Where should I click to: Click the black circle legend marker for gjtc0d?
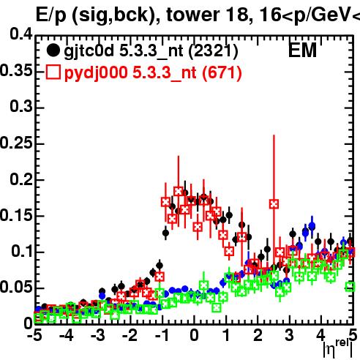pos(53,50)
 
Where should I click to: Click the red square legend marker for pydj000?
pos(53,72)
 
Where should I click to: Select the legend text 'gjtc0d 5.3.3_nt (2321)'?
pos(151,52)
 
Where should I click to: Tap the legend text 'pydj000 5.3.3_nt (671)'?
pos(153,73)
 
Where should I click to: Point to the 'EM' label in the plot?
pos(302,50)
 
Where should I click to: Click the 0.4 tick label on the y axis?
pos(21,34)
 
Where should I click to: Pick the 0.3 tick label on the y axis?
pos(21,107)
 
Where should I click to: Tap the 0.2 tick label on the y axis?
pos(21,179)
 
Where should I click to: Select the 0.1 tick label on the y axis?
pos(21,251)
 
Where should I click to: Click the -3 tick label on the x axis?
pos(98,335)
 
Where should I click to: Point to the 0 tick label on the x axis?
pos(194,335)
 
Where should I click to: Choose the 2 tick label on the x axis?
pos(258,335)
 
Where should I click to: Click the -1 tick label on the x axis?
pos(162,335)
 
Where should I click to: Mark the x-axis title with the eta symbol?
pos(338,348)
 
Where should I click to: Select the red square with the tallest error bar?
pos(274,204)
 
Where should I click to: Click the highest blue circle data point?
pos(312,225)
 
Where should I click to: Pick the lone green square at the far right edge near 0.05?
pos(350,286)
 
